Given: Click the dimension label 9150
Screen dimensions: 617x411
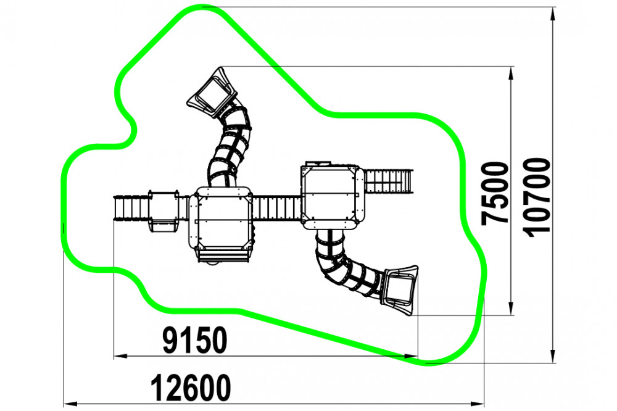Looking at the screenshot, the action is point(195,340).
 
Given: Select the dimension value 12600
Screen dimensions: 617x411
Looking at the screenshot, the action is point(191,388).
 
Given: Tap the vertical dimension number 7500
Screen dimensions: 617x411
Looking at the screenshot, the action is point(495,193).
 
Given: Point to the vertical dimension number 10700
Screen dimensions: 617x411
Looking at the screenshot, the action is point(537,197).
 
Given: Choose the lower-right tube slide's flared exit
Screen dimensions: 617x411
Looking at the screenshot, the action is point(400,290).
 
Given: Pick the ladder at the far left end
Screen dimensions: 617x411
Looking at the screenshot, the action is point(131,207).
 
